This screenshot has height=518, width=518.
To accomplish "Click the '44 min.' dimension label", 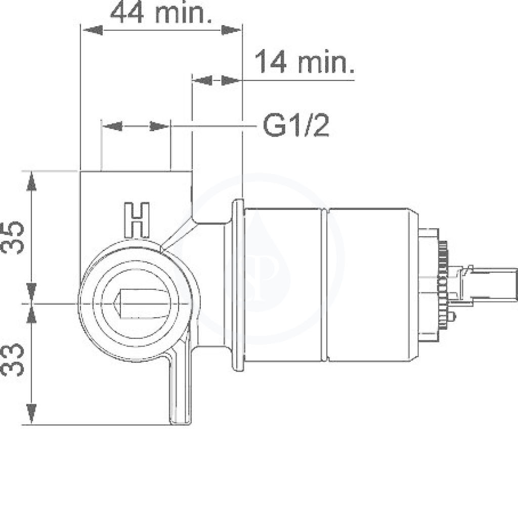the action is click(x=161, y=13).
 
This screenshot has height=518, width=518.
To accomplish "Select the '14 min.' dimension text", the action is click(x=305, y=62).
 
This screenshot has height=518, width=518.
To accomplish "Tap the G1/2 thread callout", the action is click(x=296, y=125).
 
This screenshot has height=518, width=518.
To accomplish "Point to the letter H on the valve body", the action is click(x=137, y=220).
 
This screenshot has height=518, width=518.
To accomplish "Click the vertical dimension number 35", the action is click(x=13, y=237).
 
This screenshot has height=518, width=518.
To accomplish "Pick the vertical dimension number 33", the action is click(x=13, y=359).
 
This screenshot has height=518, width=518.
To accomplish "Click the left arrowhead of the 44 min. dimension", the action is click(x=93, y=30).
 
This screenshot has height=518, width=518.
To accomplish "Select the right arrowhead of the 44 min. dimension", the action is click(x=231, y=30).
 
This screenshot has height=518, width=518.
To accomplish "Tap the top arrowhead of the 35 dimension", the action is click(x=31, y=181).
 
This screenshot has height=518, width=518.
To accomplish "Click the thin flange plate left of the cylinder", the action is click(x=239, y=285).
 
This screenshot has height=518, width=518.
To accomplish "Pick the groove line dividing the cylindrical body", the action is click(x=325, y=285).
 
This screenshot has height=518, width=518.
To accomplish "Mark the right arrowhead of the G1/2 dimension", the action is click(x=159, y=126).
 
